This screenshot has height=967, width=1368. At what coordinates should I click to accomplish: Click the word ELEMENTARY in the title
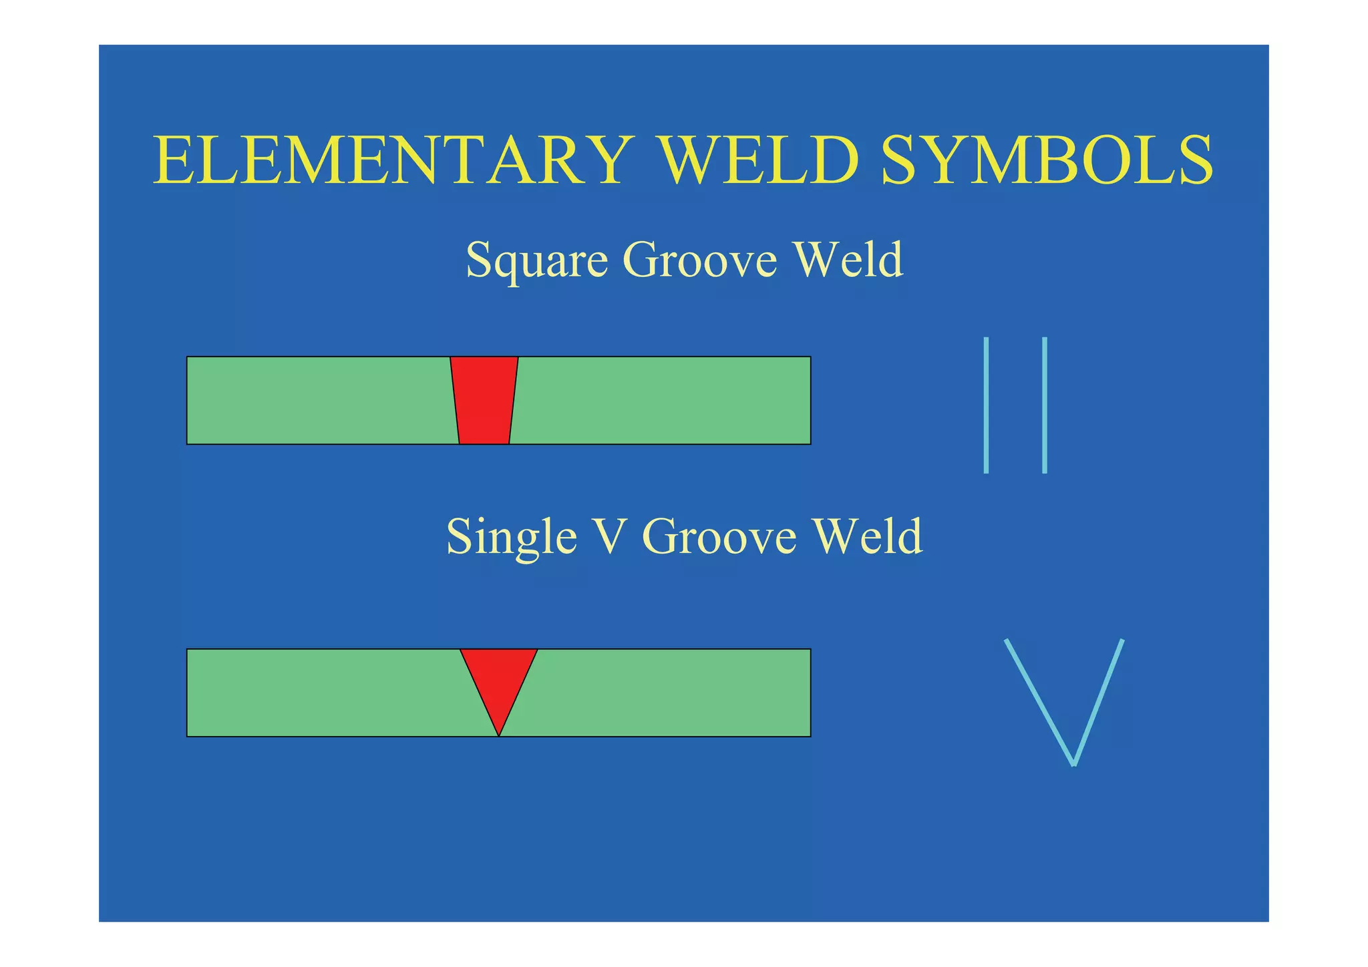(x=391, y=160)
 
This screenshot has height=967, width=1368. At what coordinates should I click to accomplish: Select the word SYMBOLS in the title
(x=1047, y=160)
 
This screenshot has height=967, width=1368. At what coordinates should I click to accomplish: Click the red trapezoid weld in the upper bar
(x=484, y=401)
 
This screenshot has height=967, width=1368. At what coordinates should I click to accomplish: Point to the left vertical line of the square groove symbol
(x=986, y=405)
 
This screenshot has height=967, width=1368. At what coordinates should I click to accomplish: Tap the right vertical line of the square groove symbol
(x=1045, y=405)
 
